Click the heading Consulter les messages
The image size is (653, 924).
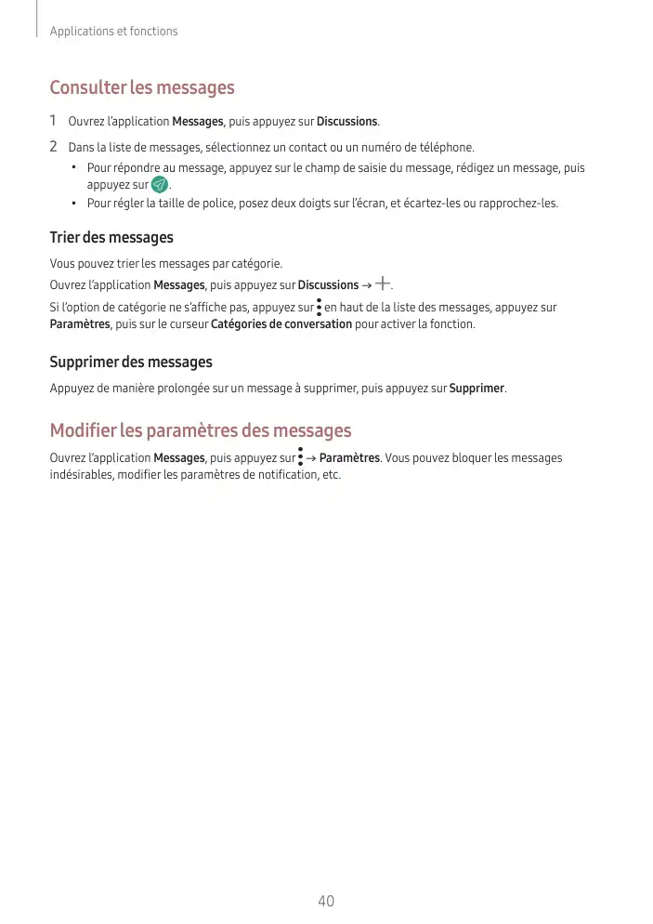(141, 88)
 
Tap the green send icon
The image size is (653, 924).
(159, 186)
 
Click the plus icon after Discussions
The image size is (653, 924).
(384, 284)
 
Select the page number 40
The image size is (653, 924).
(326, 902)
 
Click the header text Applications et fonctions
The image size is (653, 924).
(113, 32)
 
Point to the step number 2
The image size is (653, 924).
(54, 147)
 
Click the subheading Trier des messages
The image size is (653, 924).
(111, 238)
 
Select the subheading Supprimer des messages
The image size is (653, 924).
(131, 362)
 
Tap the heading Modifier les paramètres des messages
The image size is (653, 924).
(201, 431)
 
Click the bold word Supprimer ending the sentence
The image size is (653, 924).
(477, 388)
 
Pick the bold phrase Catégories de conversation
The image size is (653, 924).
(281, 324)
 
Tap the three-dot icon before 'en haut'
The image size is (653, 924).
(319, 307)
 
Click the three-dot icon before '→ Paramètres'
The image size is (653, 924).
(300, 456)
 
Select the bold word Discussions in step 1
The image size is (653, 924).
(346, 122)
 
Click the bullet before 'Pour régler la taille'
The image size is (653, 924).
(73, 203)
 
